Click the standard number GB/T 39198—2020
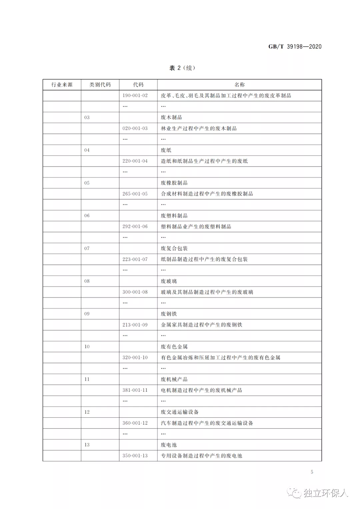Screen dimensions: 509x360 coord(295,47)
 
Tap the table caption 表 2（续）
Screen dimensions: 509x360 coord(182,68)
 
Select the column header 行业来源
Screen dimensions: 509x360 coord(62,85)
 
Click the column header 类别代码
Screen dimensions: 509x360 coord(100,85)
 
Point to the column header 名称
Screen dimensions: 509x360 coord(239,85)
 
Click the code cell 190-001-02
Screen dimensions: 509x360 coord(135,96)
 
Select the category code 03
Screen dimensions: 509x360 coord(87,117)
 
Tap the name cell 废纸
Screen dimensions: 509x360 coord(166,150)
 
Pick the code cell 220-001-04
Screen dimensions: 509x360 coord(135,161)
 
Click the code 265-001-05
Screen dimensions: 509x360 coord(135,194)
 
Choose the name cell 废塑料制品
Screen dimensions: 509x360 coord(174,216)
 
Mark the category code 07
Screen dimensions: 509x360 coord(87,248)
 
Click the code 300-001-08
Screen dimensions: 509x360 coord(135,292)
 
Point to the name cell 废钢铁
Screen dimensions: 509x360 coord(169,314)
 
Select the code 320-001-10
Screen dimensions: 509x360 coord(135,357)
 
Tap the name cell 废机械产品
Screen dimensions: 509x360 coord(174,379)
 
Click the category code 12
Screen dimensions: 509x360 coord(87,412)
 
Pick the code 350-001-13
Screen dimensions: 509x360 coord(135,456)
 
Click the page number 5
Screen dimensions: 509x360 coord(312,472)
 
